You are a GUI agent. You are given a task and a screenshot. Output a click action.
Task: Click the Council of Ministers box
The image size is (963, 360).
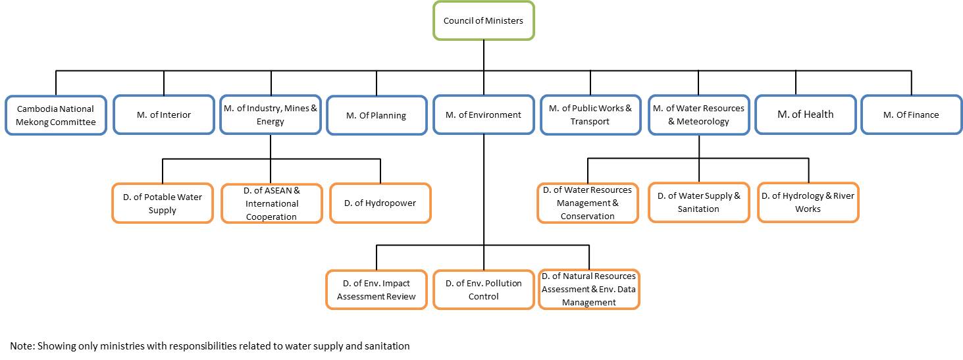point(483,21)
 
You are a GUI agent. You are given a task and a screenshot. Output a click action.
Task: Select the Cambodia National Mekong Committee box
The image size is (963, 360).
point(55,115)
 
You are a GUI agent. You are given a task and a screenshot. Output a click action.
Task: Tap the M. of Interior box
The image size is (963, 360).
point(163,115)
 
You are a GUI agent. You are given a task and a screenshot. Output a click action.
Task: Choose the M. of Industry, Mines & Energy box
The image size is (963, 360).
point(271,115)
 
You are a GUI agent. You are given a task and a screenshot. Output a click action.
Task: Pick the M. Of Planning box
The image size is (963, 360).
point(377,116)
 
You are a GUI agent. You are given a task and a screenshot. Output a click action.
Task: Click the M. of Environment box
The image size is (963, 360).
point(483,115)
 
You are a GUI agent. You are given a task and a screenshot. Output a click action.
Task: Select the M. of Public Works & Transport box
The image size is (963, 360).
point(590,115)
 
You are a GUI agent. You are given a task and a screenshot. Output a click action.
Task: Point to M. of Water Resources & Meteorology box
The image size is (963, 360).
point(699,115)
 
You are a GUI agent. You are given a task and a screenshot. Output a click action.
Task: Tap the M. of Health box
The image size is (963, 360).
point(805,115)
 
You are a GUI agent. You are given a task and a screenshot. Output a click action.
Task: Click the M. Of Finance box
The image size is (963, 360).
point(911,115)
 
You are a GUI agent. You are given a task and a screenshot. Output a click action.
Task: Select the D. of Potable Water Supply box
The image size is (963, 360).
point(163,203)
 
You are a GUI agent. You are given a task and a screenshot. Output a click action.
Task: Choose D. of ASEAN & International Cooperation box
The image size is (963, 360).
point(271,203)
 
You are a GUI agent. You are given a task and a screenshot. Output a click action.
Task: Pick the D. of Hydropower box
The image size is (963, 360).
point(380,203)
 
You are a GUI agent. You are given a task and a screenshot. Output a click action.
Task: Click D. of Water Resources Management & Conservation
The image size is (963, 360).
point(587,203)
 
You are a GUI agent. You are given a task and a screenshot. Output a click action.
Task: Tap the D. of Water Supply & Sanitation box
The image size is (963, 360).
point(698,203)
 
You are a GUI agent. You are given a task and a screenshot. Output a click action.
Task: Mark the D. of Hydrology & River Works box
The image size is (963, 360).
point(808,203)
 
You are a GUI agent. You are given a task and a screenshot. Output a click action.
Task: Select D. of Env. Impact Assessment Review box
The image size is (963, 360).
point(377,290)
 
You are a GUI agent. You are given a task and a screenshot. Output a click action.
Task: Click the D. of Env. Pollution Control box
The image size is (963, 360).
point(483,290)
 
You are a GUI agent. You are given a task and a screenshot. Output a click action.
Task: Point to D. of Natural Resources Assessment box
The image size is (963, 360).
point(588,290)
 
